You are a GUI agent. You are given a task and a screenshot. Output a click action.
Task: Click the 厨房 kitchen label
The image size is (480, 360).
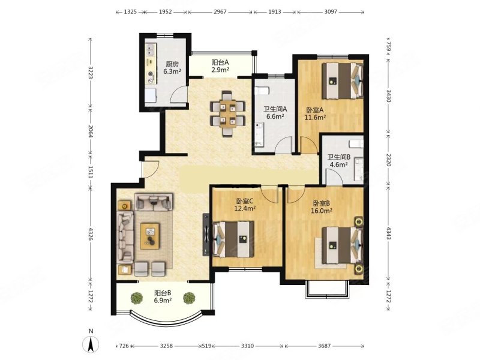pos(172,68)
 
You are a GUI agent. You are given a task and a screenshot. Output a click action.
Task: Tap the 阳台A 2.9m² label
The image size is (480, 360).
pos(220,66)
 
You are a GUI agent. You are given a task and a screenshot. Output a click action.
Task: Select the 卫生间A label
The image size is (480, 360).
pos(275,109)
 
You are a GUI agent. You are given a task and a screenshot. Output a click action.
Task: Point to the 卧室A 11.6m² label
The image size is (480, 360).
pos(315,113)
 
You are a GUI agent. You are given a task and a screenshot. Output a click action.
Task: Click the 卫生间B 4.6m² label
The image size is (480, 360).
pos(339,161)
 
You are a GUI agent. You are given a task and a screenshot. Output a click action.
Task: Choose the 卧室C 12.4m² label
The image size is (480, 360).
pos(245,205)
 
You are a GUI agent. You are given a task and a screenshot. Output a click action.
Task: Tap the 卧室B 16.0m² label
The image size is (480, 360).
pos(322,207)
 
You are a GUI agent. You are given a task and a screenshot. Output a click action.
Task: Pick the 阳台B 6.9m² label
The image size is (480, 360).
pos(163,296)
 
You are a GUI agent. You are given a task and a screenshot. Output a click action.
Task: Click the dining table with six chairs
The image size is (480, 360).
pos(227,113)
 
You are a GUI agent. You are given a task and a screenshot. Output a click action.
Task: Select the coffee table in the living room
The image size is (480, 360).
pos(149,236)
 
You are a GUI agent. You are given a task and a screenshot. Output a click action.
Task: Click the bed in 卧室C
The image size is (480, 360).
pos(233,239)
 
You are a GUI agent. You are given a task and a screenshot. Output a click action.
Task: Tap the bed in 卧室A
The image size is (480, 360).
pos(342,80)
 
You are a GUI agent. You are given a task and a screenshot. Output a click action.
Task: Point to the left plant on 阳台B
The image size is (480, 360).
pos(137,298)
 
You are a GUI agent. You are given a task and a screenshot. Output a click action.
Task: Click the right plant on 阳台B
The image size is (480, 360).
pos(189,298)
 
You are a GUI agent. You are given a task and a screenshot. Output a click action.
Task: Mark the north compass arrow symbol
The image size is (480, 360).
pos(91,344)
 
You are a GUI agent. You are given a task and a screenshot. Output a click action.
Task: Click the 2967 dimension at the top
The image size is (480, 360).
pos(220,12)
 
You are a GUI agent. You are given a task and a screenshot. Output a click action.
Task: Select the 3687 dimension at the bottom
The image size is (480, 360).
pos(324,346)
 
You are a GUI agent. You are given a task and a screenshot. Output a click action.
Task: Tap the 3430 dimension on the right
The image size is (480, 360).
pos(388,96)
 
